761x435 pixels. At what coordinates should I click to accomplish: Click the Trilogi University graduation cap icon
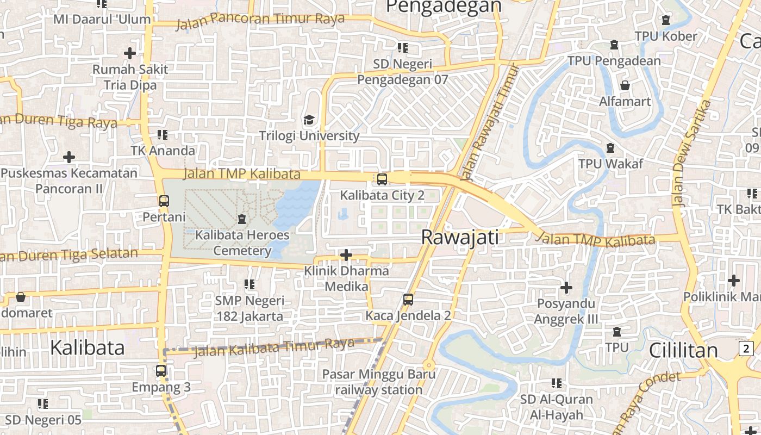point(309,120)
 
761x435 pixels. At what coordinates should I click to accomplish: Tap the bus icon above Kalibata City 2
point(382,179)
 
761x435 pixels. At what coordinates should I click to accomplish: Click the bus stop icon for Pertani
point(164,201)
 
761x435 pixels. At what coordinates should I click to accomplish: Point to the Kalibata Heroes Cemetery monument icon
point(242,219)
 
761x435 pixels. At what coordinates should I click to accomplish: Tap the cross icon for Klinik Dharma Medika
point(346,254)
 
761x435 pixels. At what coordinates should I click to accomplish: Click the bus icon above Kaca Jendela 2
point(408,299)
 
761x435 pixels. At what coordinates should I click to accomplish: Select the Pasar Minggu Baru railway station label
point(379,382)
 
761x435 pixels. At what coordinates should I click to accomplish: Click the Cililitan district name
point(683,351)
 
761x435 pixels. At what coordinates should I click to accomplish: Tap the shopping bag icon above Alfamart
point(625,85)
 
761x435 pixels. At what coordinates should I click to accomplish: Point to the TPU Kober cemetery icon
point(666,20)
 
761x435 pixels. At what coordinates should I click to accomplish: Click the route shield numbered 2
point(746,348)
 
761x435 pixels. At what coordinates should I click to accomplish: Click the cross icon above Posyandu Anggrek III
point(566,287)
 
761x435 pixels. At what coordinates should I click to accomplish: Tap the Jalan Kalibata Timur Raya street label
point(275,347)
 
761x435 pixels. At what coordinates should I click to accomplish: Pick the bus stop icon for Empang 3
point(161,371)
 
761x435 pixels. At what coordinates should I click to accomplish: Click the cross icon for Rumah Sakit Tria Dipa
point(130,53)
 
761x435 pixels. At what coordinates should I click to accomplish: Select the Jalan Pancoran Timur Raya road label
point(260,20)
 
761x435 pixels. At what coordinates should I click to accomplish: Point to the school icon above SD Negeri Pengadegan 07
point(402,48)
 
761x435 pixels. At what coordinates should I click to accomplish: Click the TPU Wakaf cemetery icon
point(610,148)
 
